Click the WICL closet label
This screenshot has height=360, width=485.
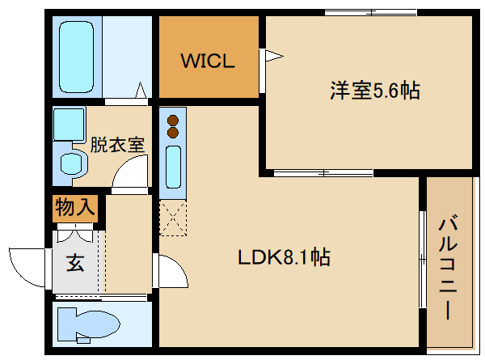pos(208,61)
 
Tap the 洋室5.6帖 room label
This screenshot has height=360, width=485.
pos(375,91)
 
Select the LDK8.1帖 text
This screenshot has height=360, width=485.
pos(284,256)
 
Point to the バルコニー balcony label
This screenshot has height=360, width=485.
pos(448,268)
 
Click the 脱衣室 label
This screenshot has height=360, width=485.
pos(117,145)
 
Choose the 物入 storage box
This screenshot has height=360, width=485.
pos(75,209)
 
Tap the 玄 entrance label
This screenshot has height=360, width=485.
pos(75,263)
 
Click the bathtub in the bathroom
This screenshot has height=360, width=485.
pos(77,57)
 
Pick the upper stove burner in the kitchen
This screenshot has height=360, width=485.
pos(173,120)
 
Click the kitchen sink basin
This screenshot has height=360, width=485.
pos(173,167)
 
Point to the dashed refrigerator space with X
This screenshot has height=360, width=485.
pos(173,218)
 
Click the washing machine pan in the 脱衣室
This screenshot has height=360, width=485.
pos(69,124)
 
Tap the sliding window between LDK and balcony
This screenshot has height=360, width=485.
pos(423,260)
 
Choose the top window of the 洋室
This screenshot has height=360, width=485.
pos(371,13)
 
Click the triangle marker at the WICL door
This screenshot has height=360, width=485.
pos(274,56)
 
